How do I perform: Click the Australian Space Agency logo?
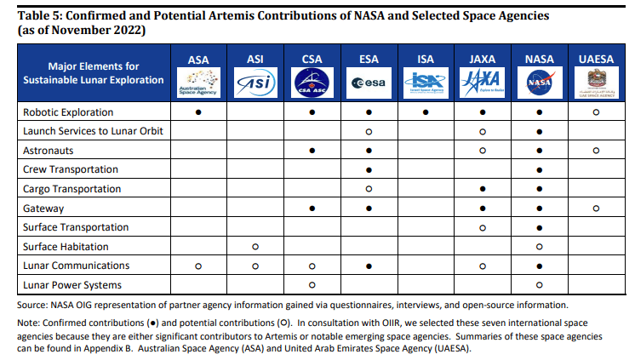[x=197, y=83]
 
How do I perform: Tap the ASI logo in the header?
[x=255, y=83]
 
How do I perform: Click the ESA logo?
[x=369, y=83]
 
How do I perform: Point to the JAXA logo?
[x=483, y=83]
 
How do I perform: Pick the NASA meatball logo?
[x=540, y=83]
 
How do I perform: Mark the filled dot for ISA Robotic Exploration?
[x=426, y=112]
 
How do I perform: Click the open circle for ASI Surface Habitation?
[x=255, y=247]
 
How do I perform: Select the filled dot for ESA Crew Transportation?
[x=369, y=169]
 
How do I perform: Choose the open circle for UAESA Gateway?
[x=596, y=208]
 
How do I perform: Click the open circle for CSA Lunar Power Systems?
[x=312, y=285]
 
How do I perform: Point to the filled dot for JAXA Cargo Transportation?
[x=483, y=189]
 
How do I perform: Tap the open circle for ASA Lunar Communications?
[x=197, y=266]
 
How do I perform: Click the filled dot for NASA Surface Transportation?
[x=540, y=227]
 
